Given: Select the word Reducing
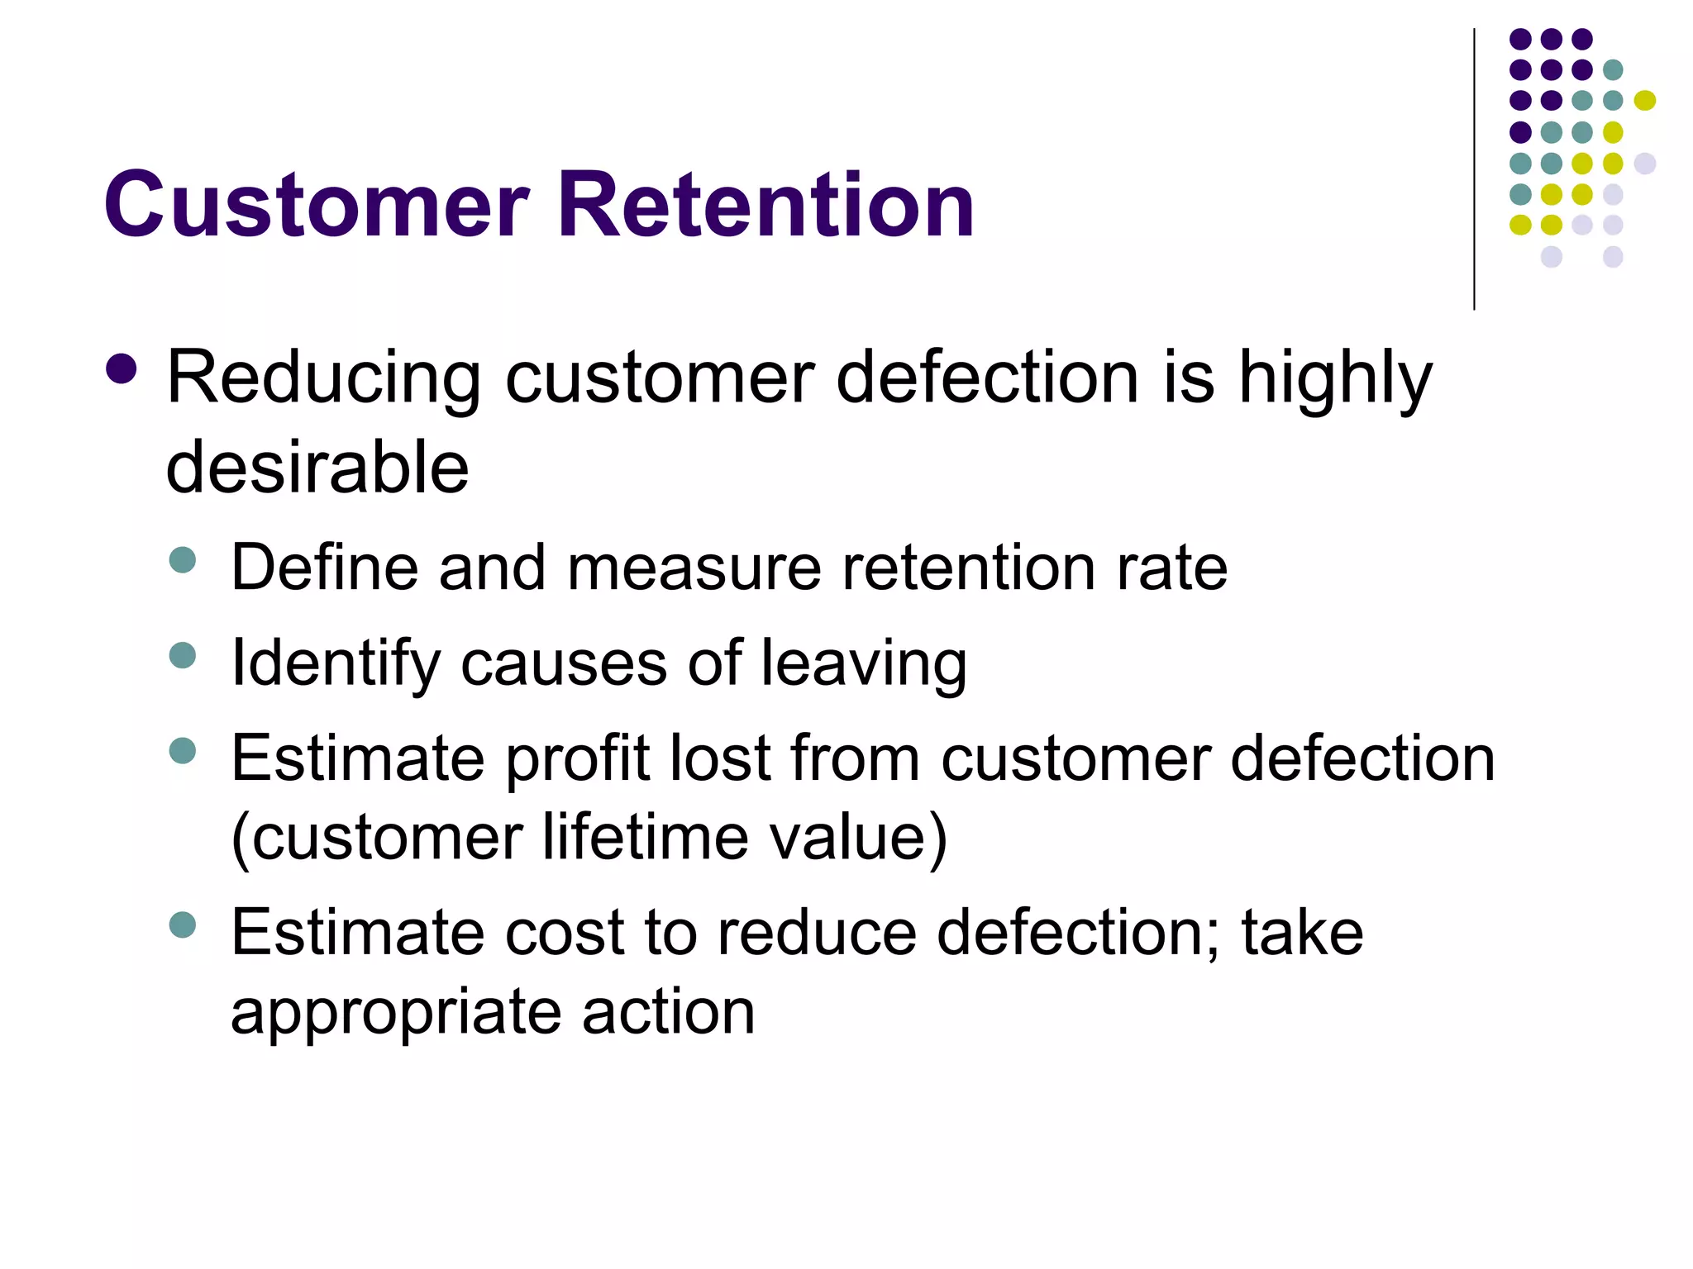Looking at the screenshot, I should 323,380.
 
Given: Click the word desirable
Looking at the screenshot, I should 317,468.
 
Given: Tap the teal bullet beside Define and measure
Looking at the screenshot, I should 182,560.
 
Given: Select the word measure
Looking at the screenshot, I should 694,568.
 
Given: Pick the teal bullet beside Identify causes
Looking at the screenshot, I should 182,656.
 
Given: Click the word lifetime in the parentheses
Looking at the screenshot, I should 645,838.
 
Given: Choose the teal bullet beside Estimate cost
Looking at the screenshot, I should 182,924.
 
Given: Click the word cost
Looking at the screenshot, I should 564,933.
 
